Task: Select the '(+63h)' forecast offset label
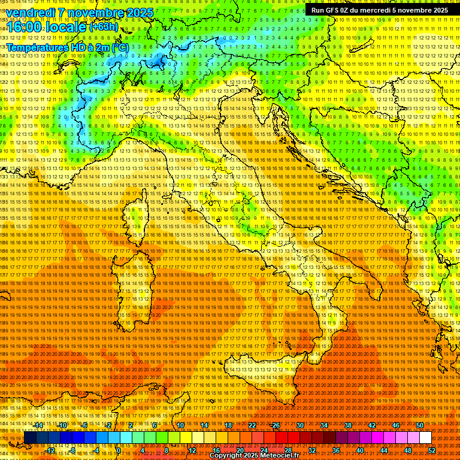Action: (104, 27)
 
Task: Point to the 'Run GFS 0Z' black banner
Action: (379, 10)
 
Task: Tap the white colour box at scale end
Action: (425, 438)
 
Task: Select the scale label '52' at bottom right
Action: (432, 450)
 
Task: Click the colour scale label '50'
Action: (420, 425)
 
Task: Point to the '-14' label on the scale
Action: (38, 425)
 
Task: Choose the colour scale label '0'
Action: (119, 450)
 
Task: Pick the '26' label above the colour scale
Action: (276, 425)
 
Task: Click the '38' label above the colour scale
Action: (348, 425)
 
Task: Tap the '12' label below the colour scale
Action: (192, 450)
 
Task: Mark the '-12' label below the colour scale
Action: (50, 450)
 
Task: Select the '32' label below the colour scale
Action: (312, 450)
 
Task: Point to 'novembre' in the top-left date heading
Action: (95, 13)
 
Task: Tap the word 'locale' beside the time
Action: (66, 27)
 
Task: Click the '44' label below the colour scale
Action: (384, 450)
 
